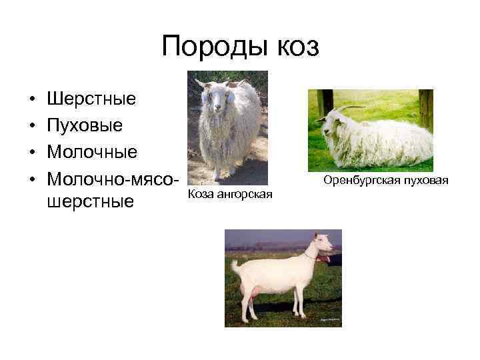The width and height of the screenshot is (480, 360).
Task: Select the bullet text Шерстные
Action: tap(92, 99)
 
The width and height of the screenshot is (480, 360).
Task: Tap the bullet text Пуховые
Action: tap(85, 125)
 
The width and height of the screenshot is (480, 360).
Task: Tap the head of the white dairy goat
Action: tap(321, 245)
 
